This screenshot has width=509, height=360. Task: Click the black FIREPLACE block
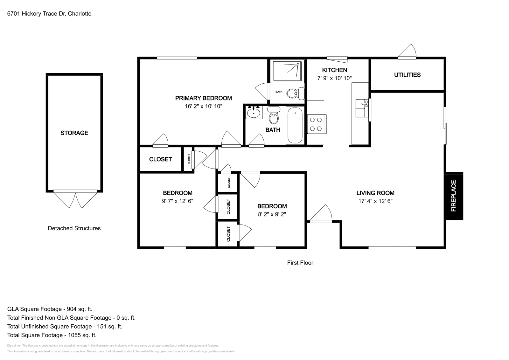tap(454, 196)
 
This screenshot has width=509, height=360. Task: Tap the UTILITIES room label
tap(407, 75)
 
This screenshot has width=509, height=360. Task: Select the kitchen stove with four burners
tap(317, 124)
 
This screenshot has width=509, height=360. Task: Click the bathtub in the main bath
tap(295, 126)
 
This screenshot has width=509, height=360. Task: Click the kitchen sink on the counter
tap(362, 104)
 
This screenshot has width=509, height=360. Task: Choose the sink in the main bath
tap(254, 112)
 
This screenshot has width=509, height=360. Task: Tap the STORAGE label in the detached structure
tap(74, 133)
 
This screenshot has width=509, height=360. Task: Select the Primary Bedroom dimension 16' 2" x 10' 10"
tap(203, 106)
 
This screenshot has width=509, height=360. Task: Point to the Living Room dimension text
tap(375, 201)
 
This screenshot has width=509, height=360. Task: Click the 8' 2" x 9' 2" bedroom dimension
tap(272, 214)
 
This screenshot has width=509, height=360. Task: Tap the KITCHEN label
tap(334, 70)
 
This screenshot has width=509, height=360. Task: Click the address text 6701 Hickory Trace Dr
tap(49, 14)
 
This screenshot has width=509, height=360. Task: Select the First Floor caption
tap(300, 263)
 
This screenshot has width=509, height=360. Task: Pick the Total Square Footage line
tap(52, 335)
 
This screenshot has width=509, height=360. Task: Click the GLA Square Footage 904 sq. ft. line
tap(50, 309)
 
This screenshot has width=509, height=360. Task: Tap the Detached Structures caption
tap(74, 228)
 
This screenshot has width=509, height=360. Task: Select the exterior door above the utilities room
tap(407, 52)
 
